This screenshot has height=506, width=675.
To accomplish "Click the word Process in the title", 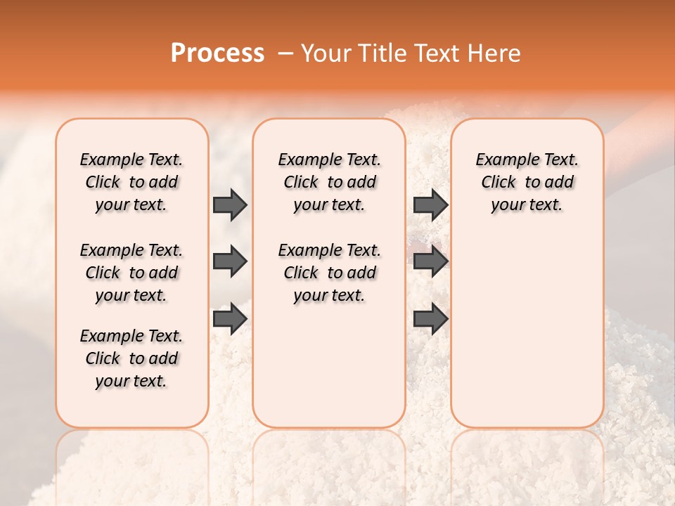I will point(217,53).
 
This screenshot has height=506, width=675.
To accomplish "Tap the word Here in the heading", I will point(495,53).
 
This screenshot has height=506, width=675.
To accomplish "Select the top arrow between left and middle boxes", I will point(230,205).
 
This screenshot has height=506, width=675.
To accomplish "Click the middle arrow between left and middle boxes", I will point(230,262).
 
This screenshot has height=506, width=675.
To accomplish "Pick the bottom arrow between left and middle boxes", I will point(230,319).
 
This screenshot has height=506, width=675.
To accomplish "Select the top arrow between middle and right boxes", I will point(430,205).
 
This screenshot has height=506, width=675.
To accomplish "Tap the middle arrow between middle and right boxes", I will point(430,262).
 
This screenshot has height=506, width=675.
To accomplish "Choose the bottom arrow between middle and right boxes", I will point(430,319).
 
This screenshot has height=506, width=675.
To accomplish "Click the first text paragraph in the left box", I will point(131,182).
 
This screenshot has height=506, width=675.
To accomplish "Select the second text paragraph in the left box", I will point(131,273).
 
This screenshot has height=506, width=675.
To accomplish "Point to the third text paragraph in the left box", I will point(131,358).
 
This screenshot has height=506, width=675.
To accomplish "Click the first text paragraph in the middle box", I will point(329,182).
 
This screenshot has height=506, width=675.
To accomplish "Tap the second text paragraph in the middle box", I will point(329,273).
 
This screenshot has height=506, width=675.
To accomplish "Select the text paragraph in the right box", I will point(527,182).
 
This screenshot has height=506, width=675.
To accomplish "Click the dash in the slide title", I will point(285,53).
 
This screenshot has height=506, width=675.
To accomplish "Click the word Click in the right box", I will point(499,183).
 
